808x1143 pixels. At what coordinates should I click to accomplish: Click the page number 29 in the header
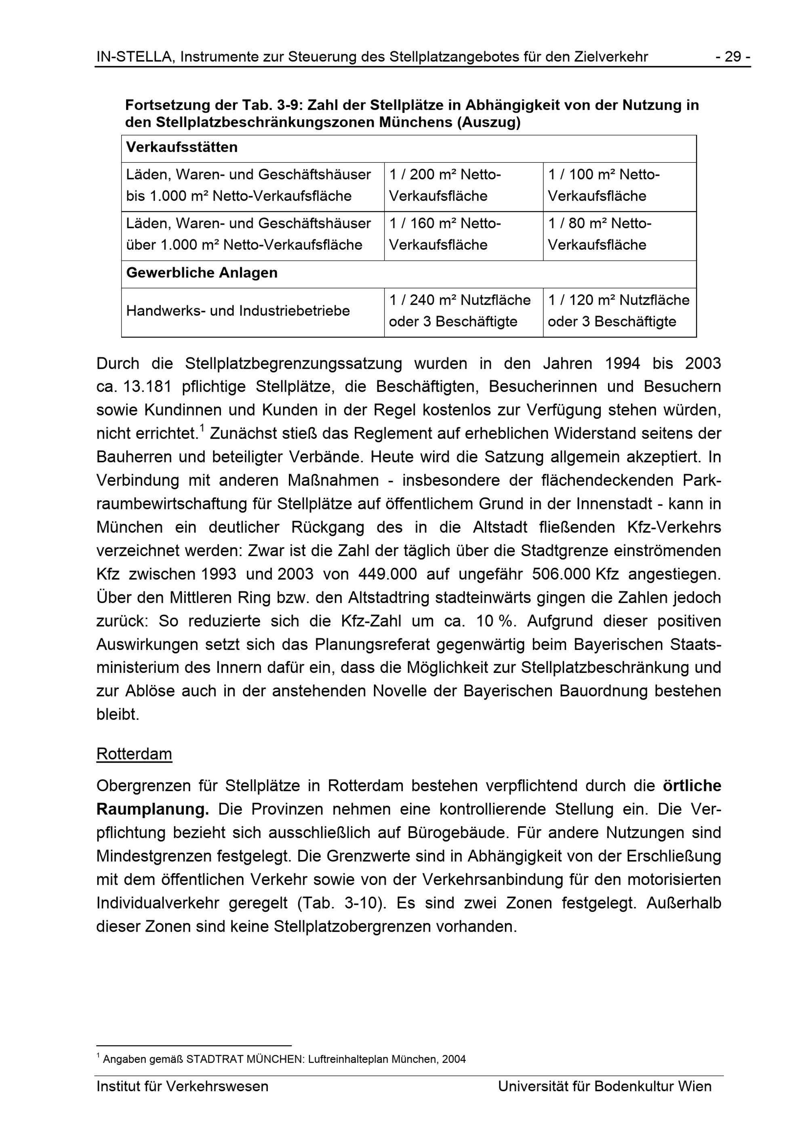pos(733,57)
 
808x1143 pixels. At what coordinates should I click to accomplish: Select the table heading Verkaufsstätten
pos(182,147)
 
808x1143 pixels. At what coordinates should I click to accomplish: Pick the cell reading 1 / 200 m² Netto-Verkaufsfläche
pos(463,186)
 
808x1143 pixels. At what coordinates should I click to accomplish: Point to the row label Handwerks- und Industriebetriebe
pos(238,311)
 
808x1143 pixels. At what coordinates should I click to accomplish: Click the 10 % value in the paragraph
pos(495,621)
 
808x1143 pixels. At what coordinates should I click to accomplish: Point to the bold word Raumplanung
pos(153,809)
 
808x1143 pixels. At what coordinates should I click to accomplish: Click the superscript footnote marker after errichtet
pos(202,428)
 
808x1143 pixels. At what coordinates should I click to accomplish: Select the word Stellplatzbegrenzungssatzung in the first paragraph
pos(293,364)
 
